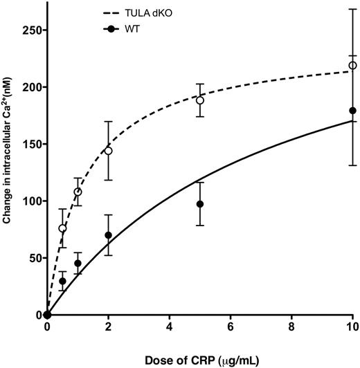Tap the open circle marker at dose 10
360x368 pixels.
click(353, 66)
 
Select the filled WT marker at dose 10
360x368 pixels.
click(353, 111)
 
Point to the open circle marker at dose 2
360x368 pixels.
click(108, 151)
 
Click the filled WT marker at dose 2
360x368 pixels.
click(108, 235)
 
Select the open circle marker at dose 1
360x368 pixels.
click(78, 192)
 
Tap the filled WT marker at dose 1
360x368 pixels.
click(78, 263)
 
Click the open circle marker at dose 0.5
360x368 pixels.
click(62, 228)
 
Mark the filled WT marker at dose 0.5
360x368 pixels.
click(62, 281)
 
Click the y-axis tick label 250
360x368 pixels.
click(30, 30)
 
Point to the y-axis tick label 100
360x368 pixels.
click(30, 201)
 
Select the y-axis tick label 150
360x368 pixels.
click(30, 145)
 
